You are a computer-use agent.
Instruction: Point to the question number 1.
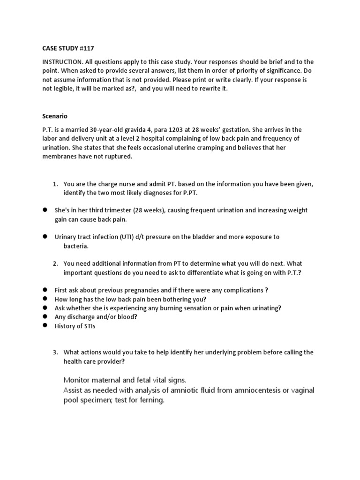[55, 184]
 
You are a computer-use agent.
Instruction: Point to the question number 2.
[55, 264]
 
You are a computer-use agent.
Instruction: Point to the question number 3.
[55, 352]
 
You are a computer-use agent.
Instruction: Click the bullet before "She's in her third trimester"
[45, 210]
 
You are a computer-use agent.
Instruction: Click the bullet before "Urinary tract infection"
[45, 237]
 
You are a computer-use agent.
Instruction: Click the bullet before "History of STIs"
[45, 326]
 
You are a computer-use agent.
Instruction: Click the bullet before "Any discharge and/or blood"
[45, 317]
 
